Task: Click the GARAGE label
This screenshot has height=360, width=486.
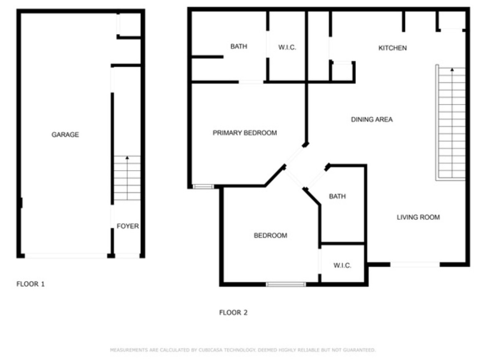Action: (x=65, y=135)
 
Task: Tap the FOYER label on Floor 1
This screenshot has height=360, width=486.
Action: (x=128, y=226)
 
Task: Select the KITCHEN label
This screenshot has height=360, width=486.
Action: (x=392, y=48)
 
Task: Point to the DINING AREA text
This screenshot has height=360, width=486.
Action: (x=372, y=120)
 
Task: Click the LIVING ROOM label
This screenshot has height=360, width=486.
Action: (x=418, y=217)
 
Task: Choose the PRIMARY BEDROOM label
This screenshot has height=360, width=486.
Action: (x=244, y=133)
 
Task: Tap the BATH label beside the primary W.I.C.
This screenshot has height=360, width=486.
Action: (x=239, y=47)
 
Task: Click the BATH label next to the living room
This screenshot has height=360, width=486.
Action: (x=337, y=196)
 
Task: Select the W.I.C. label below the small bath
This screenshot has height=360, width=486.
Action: (x=342, y=266)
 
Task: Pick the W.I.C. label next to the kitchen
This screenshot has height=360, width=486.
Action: (x=287, y=48)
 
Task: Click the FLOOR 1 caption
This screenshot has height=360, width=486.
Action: (x=30, y=284)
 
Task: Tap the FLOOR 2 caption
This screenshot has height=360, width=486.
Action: (x=233, y=313)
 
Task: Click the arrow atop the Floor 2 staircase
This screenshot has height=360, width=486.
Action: (x=451, y=69)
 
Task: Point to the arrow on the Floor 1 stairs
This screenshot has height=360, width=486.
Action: (x=127, y=158)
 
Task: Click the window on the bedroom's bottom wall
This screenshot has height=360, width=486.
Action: (x=286, y=284)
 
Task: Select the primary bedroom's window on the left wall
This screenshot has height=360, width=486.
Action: (x=203, y=187)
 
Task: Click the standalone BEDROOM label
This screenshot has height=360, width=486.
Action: (x=270, y=236)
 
